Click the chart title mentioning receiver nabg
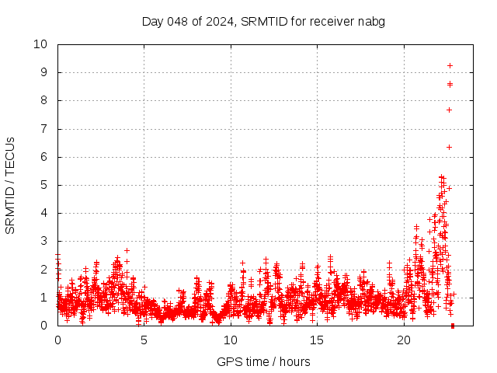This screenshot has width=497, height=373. [263, 21]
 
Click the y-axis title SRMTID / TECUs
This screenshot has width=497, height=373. [10, 185]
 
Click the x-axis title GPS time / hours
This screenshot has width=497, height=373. [263, 361]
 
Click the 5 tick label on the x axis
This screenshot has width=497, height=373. [144, 340]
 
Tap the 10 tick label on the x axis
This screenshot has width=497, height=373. [231, 340]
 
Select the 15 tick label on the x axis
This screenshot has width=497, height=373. [317, 340]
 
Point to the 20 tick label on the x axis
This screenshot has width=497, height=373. [404, 340]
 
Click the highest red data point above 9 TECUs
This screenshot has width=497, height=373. [450, 65]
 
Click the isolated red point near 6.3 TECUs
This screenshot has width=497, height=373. [449, 147]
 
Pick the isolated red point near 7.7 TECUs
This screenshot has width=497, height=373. [449, 110]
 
